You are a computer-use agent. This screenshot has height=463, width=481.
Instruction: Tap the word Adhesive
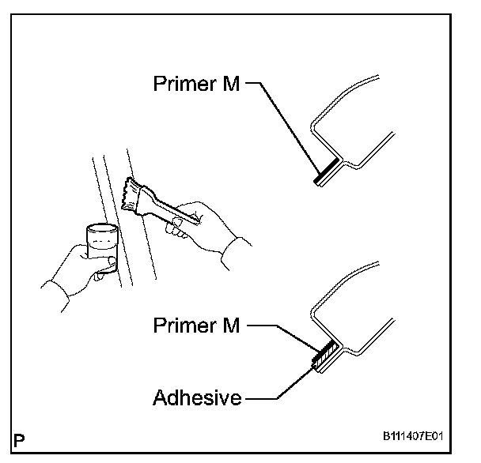[x=197, y=397]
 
